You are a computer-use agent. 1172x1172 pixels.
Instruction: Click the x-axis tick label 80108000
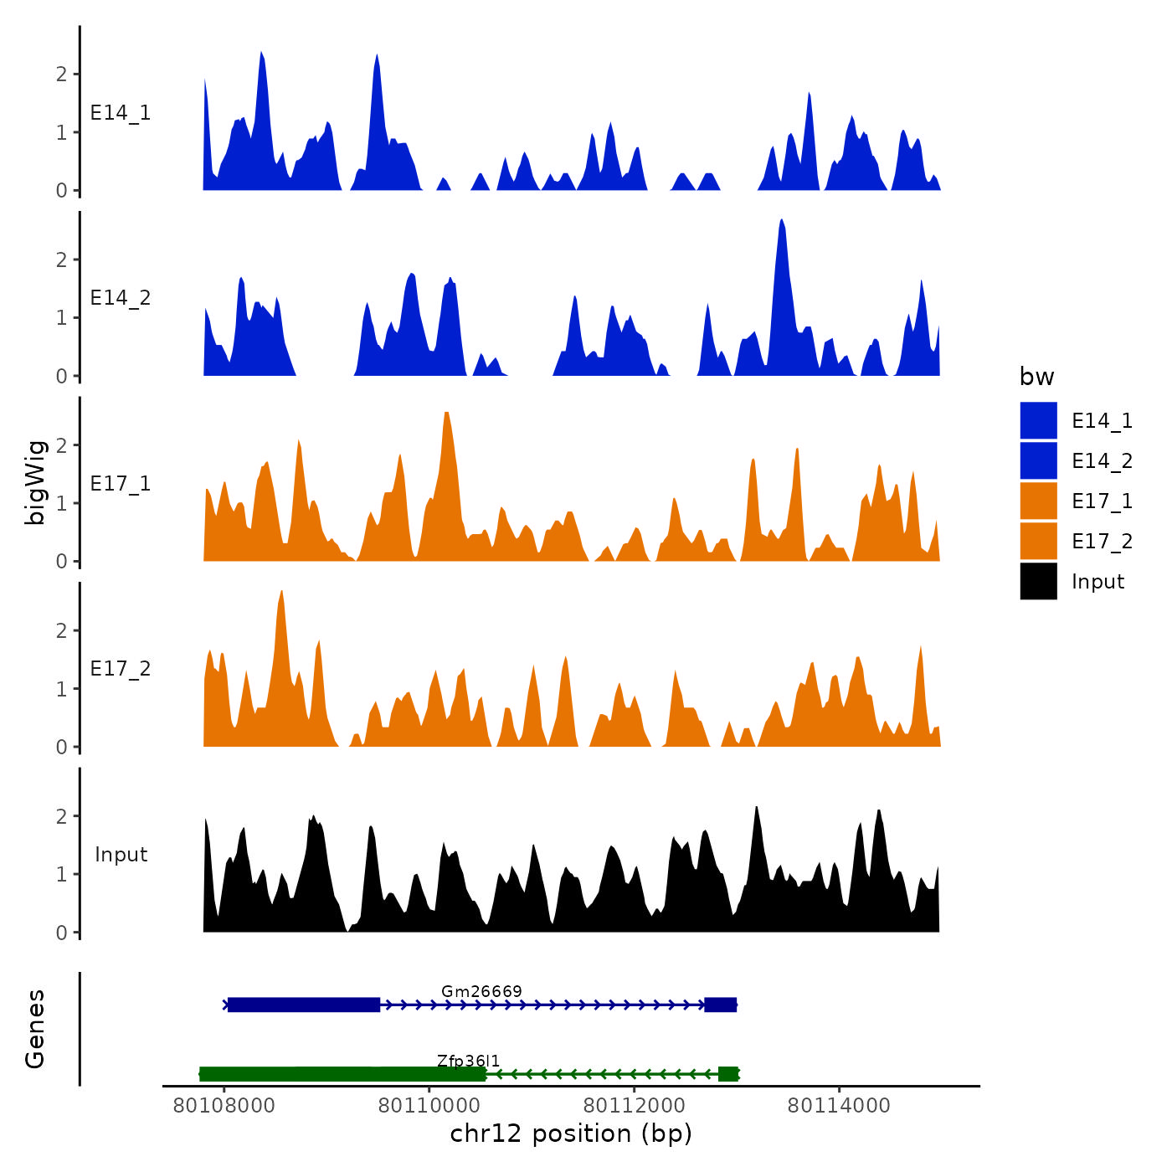click(224, 1106)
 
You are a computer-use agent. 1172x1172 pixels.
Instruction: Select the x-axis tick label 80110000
click(429, 1106)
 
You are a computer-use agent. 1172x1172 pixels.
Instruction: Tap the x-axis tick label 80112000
click(634, 1106)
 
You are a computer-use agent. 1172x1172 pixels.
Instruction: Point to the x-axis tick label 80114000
click(839, 1106)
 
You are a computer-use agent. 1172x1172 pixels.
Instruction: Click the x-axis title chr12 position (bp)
click(571, 1133)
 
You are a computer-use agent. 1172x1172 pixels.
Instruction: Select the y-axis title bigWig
click(35, 483)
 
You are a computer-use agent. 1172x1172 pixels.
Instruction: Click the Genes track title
click(35, 1029)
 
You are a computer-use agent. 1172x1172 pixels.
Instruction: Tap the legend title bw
click(1036, 377)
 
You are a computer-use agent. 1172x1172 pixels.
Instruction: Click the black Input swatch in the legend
click(1038, 581)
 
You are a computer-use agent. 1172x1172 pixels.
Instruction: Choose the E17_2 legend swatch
click(1038, 541)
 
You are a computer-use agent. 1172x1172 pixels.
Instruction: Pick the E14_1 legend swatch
click(1038, 420)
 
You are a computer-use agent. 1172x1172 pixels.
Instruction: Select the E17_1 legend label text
click(1102, 501)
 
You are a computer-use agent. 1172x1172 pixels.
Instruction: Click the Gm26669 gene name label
click(481, 991)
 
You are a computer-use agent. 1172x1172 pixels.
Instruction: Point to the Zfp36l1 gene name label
click(468, 1061)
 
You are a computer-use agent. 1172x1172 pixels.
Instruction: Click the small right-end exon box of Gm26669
click(720, 1005)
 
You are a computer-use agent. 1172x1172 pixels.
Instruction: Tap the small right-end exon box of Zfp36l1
click(728, 1074)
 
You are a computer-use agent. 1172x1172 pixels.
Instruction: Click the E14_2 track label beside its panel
click(121, 298)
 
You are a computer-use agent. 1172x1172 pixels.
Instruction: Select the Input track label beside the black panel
click(121, 855)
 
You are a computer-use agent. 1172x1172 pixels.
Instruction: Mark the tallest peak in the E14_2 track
click(782, 221)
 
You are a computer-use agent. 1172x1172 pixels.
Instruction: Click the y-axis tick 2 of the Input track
click(62, 816)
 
